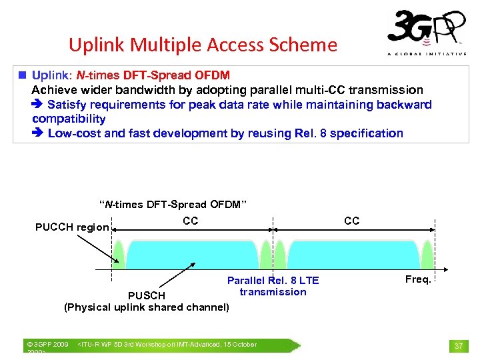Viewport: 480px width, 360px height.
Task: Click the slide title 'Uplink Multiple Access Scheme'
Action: click(x=203, y=45)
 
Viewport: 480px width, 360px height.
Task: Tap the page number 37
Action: click(x=459, y=345)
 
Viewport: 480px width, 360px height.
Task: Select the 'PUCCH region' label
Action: click(x=72, y=227)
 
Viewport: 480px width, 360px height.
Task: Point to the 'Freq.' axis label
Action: click(x=418, y=279)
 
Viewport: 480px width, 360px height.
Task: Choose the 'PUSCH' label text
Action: click(x=146, y=295)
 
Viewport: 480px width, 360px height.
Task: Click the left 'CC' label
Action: click(x=190, y=221)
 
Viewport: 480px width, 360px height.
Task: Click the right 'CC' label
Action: click(x=351, y=221)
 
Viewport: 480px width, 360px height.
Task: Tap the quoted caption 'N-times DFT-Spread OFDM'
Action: click(x=173, y=204)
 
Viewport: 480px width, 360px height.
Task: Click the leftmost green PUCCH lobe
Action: click(x=119, y=257)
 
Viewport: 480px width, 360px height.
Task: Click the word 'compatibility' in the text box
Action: click(x=69, y=119)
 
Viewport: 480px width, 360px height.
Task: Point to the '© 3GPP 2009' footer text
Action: click(x=47, y=345)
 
